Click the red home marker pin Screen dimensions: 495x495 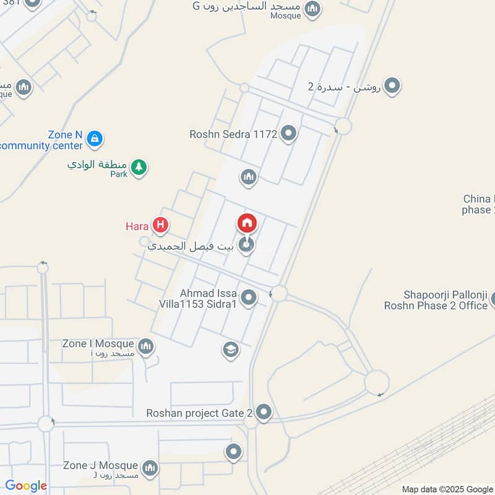click(247, 223)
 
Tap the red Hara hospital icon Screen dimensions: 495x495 click(161, 226)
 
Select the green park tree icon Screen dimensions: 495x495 click(139, 166)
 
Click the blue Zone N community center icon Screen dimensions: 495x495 click(94, 137)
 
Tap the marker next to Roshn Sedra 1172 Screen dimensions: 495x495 click(288, 132)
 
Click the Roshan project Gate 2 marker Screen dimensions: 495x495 click(264, 411)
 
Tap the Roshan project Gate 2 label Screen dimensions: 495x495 click(199, 413)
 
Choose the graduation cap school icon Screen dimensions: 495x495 click(231, 350)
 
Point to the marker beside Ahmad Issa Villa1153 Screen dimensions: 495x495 click(249, 298)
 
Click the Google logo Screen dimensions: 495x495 click(25, 486)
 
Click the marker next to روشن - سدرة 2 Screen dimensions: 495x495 click(392, 86)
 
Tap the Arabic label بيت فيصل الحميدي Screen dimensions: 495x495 click(192, 246)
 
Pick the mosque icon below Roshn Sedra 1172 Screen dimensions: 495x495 click(249, 178)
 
